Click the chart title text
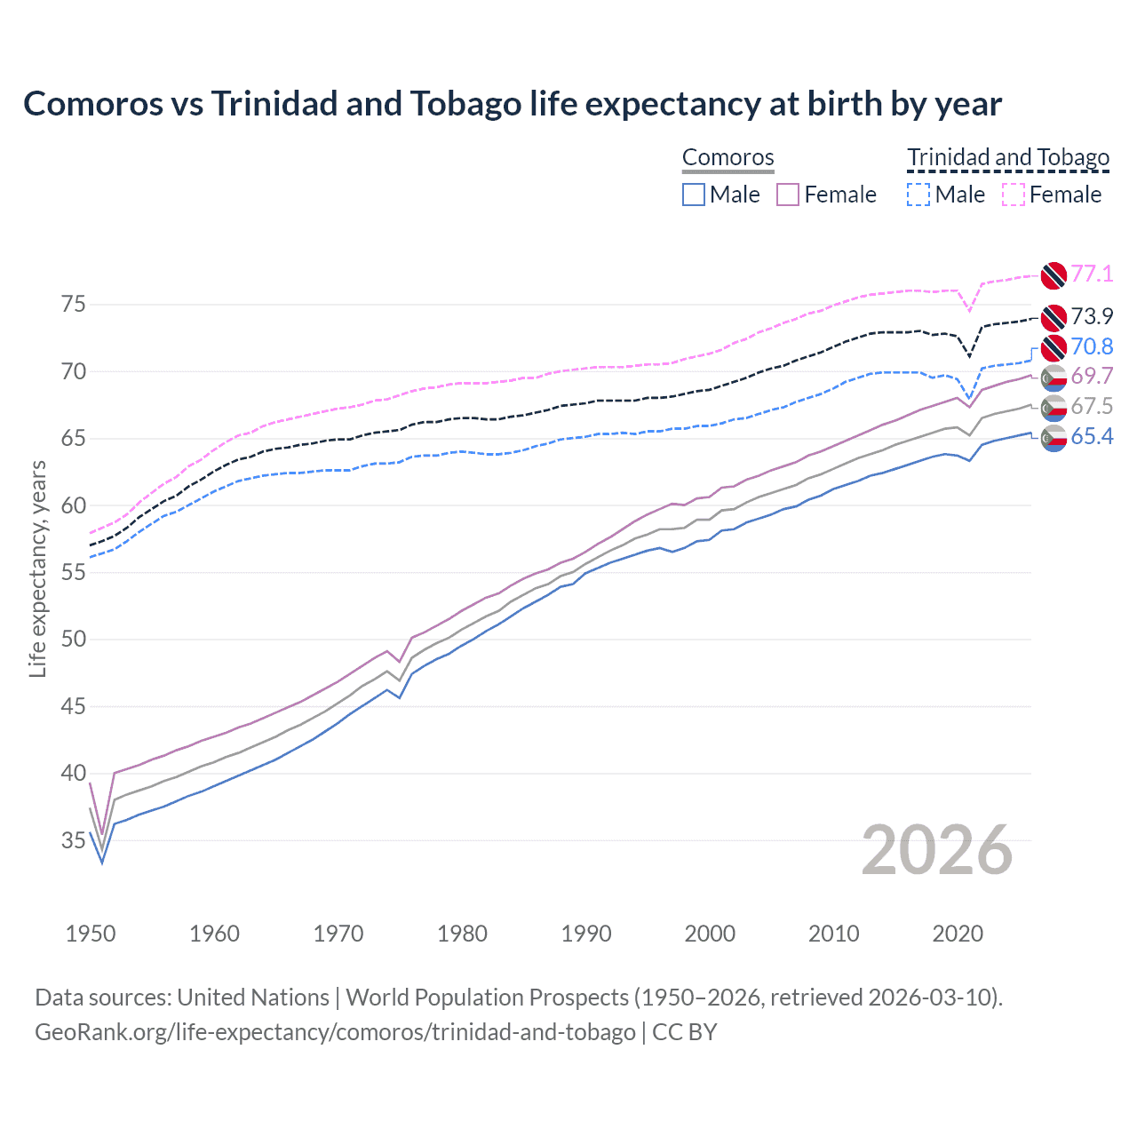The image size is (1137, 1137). pyautogui.click(x=513, y=104)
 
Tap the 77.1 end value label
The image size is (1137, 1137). pyautogui.click(x=1092, y=274)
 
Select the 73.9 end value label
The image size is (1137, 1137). pyautogui.click(x=1092, y=316)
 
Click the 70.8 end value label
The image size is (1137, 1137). pyautogui.click(x=1092, y=346)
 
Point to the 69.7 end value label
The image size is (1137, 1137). pyautogui.click(x=1092, y=376)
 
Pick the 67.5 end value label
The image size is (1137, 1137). pyautogui.click(x=1092, y=406)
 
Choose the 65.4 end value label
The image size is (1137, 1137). pyautogui.click(x=1092, y=436)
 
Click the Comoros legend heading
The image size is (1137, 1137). pyautogui.click(x=728, y=157)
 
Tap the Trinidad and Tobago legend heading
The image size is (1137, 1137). pyautogui.click(x=1008, y=157)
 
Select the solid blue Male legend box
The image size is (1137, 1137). pyautogui.click(x=694, y=195)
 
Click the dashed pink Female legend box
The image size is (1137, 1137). pyautogui.click(x=1014, y=195)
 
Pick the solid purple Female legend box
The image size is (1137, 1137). pyautogui.click(x=788, y=195)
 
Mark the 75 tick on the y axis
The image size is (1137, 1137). pyautogui.click(x=74, y=305)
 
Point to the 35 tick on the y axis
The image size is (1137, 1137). pyautogui.click(x=74, y=840)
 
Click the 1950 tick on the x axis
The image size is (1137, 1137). pyautogui.click(x=91, y=934)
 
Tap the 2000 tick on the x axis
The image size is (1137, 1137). pyautogui.click(x=710, y=934)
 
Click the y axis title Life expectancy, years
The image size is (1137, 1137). pyautogui.click(x=37, y=568)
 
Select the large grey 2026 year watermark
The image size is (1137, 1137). pyautogui.click(x=937, y=850)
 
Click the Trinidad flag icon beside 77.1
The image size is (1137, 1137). pyautogui.click(x=1054, y=275)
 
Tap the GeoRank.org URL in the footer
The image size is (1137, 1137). pyautogui.click(x=335, y=1032)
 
